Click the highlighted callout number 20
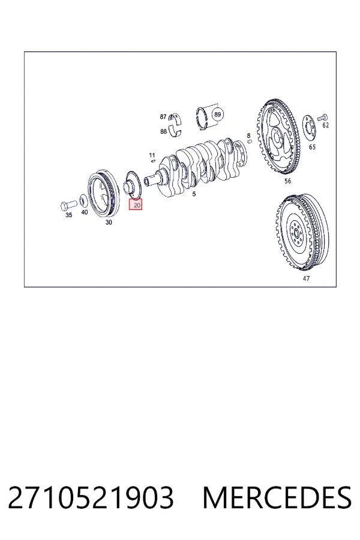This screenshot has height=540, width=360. (x=136, y=205)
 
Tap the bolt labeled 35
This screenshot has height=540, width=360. (x=68, y=205)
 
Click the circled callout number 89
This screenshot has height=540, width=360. (x=217, y=115)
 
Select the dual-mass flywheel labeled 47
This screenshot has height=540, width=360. (x=302, y=233)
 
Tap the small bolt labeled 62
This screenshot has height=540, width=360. (x=322, y=118)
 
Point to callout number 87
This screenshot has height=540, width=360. (x=163, y=117)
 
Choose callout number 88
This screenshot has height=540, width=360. (x=163, y=131)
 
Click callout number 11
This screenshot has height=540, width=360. (x=152, y=155)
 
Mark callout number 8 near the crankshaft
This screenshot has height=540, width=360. (x=248, y=136)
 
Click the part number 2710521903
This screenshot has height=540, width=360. (x=91, y=497)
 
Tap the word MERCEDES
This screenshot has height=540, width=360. (x=277, y=497)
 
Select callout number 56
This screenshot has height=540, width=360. (x=287, y=181)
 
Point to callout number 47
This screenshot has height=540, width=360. (x=306, y=278)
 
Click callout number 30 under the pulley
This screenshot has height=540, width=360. (x=109, y=223)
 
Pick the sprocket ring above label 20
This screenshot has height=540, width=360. (x=134, y=185)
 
